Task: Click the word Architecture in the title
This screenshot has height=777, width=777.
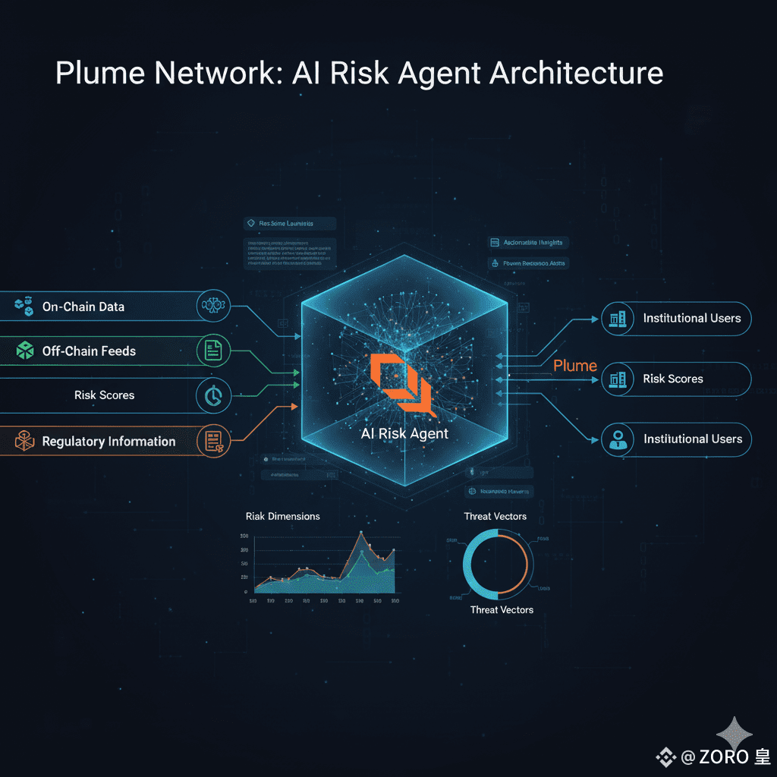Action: [577, 74]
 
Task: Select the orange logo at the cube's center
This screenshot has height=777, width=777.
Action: [401, 384]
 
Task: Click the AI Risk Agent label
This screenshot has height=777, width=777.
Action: [404, 433]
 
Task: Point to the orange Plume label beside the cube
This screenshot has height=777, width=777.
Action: [575, 366]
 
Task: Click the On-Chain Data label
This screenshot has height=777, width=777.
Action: [83, 307]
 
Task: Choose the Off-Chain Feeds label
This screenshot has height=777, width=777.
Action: [89, 351]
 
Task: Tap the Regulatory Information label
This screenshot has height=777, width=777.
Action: [109, 441]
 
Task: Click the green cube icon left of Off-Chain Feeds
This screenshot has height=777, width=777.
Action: [25, 350]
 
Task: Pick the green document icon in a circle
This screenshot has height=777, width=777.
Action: [213, 351]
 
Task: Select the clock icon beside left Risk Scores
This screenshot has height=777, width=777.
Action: [213, 395]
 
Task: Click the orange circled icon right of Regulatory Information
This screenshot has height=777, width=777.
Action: [213, 441]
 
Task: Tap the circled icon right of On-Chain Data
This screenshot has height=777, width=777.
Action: [213, 307]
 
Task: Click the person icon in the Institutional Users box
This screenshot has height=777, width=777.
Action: [617, 439]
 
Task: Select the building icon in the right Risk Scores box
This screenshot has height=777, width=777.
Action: [617, 379]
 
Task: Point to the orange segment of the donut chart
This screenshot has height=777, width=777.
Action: [524, 565]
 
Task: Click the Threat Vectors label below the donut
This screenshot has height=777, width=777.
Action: [502, 609]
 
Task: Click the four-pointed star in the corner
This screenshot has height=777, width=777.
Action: [734, 734]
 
